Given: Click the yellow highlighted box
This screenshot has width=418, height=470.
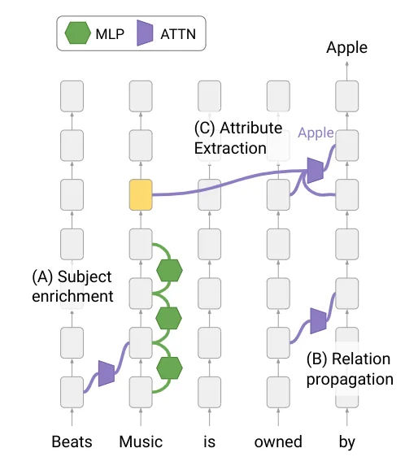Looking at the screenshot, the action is click(x=141, y=195).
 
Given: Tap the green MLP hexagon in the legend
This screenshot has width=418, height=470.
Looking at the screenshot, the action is click(x=77, y=33).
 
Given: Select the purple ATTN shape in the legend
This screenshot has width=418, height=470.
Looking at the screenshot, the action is click(x=145, y=33).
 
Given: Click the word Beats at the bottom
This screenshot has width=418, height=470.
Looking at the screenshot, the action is click(x=72, y=442).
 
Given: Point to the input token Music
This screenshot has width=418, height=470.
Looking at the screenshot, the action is click(x=141, y=442).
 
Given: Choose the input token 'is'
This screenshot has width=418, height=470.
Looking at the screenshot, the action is click(x=209, y=442).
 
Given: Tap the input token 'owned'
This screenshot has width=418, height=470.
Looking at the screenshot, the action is click(x=278, y=442).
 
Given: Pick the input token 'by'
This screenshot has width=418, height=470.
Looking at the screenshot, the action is click(x=347, y=442).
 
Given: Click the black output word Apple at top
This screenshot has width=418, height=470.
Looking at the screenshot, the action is click(x=347, y=48).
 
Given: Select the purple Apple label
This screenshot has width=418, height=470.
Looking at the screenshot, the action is click(x=316, y=133).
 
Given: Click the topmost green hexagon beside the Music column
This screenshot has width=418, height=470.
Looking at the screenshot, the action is click(x=169, y=270).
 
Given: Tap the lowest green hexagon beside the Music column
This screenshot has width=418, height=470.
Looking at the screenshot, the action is click(x=169, y=368).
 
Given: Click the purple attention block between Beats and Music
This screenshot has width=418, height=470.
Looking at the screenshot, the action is click(x=107, y=373).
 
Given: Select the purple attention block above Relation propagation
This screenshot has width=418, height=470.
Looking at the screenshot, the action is click(x=318, y=320).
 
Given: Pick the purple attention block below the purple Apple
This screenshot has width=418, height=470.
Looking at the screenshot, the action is click(x=316, y=170).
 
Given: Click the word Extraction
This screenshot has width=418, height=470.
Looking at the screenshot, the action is click(x=230, y=148).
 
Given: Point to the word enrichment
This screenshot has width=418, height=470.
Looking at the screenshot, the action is click(x=72, y=296).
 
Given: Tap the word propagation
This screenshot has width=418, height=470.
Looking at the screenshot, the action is click(x=350, y=380).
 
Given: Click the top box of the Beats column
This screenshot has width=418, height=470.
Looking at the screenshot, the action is click(x=72, y=96).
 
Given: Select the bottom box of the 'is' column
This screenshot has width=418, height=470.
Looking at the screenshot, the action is click(x=209, y=393).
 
